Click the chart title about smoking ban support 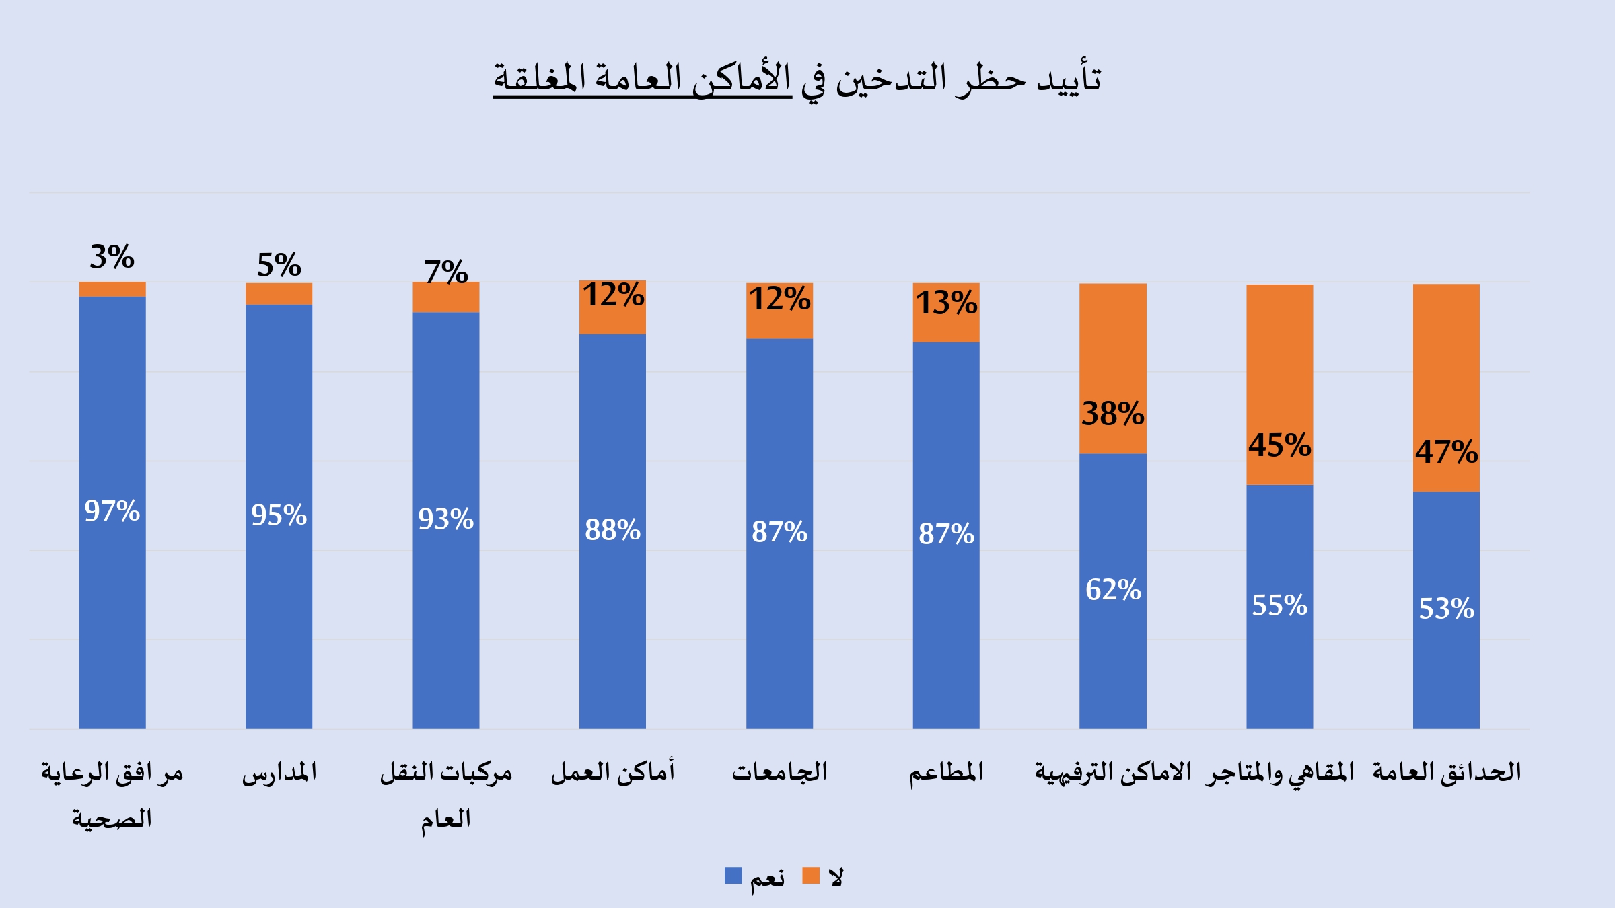click(x=797, y=79)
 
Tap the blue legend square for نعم click(x=733, y=876)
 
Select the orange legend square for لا click(x=811, y=876)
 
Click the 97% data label click(x=112, y=511)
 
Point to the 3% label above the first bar click(x=112, y=257)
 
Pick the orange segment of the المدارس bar click(x=279, y=294)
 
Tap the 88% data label click(x=612, y=530)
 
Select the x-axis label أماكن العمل click(x=612, y=772)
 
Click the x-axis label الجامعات click(x=779, y=772)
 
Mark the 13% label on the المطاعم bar click(x=946, y=303)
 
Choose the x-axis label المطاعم click(x=946, y=772)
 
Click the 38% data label click(x=1112, y=414)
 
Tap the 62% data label click(x=1113, y=590)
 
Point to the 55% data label click(x=1279, y=605)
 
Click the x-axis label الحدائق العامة click(x=1447, y=772)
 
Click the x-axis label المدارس click(x=279, y=772)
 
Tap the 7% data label click(x=445, y=272)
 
